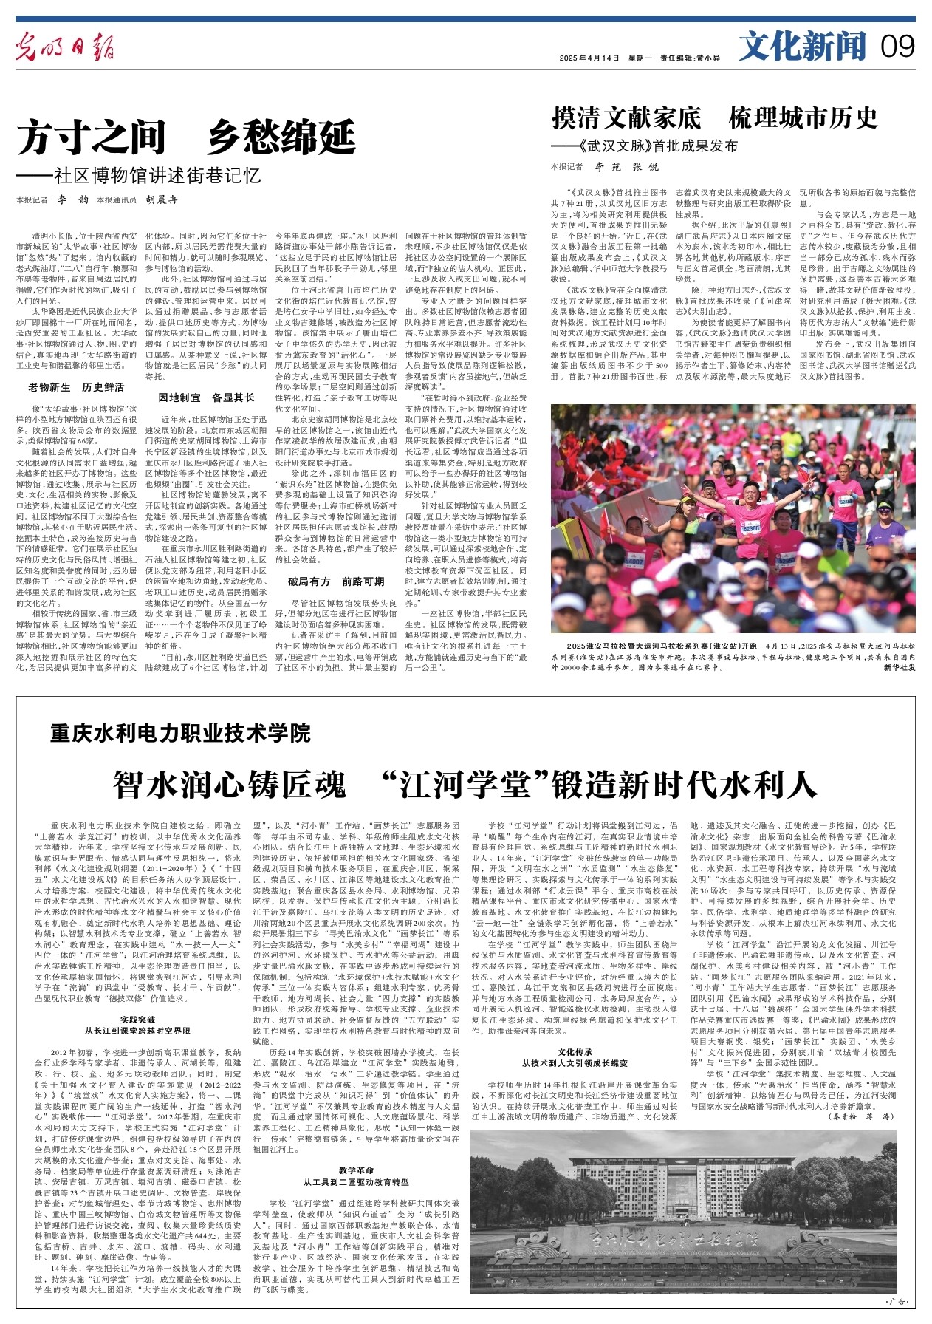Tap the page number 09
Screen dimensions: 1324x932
(897, 47)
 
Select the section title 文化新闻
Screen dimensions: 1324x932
(802, 47)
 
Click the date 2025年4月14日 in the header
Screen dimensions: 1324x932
(589, 58)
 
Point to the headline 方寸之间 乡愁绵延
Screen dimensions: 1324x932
(186, 137)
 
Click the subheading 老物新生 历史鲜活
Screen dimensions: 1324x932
(76, 387)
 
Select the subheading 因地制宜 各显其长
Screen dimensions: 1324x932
(207, 397)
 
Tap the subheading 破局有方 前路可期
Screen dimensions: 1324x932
(336, 581)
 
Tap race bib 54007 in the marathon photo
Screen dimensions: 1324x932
(634, 562)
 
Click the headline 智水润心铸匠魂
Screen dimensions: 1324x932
(229, 784)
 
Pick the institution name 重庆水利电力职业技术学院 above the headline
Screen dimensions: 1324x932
(181, 733)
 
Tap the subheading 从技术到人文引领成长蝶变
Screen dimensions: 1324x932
(576, 1063)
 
